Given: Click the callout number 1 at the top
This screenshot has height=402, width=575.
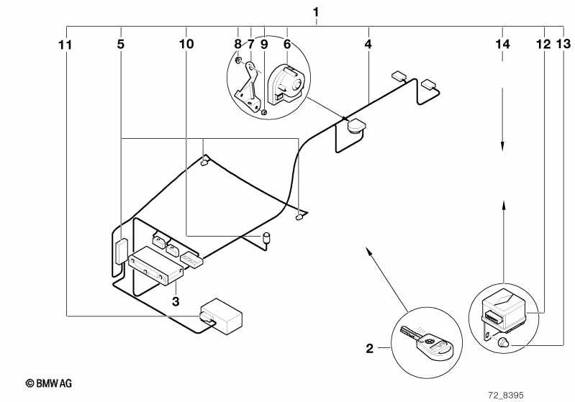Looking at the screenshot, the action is [x=316, y=13].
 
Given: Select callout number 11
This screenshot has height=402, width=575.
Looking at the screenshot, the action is [x=65, y=45].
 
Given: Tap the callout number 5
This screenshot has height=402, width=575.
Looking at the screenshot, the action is [x=121, y=45].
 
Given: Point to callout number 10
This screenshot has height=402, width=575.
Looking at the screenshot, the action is [x=186, y=45].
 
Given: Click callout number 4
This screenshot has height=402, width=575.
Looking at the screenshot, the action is [x=368, y=45].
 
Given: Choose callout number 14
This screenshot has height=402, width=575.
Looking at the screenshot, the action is [x=502, y=45].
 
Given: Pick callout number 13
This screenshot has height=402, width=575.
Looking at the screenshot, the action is [x=563, y=45].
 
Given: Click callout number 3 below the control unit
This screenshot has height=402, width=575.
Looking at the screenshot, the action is [x=176, y=301].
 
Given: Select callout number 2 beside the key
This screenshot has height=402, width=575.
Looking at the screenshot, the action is [x=370, y=348].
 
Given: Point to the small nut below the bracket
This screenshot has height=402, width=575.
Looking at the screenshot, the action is [x=264, y=111].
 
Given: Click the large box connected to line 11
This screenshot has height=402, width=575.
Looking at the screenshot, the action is [x=221, y=316].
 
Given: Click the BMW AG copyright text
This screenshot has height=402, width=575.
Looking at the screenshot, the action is [x=49, y=383].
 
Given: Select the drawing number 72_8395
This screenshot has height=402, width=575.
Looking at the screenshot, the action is [x=506, y=396].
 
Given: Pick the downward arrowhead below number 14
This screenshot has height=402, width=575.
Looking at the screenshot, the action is [x=502, y=146].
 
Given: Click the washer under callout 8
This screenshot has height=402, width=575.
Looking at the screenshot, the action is [x=238, y=60].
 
